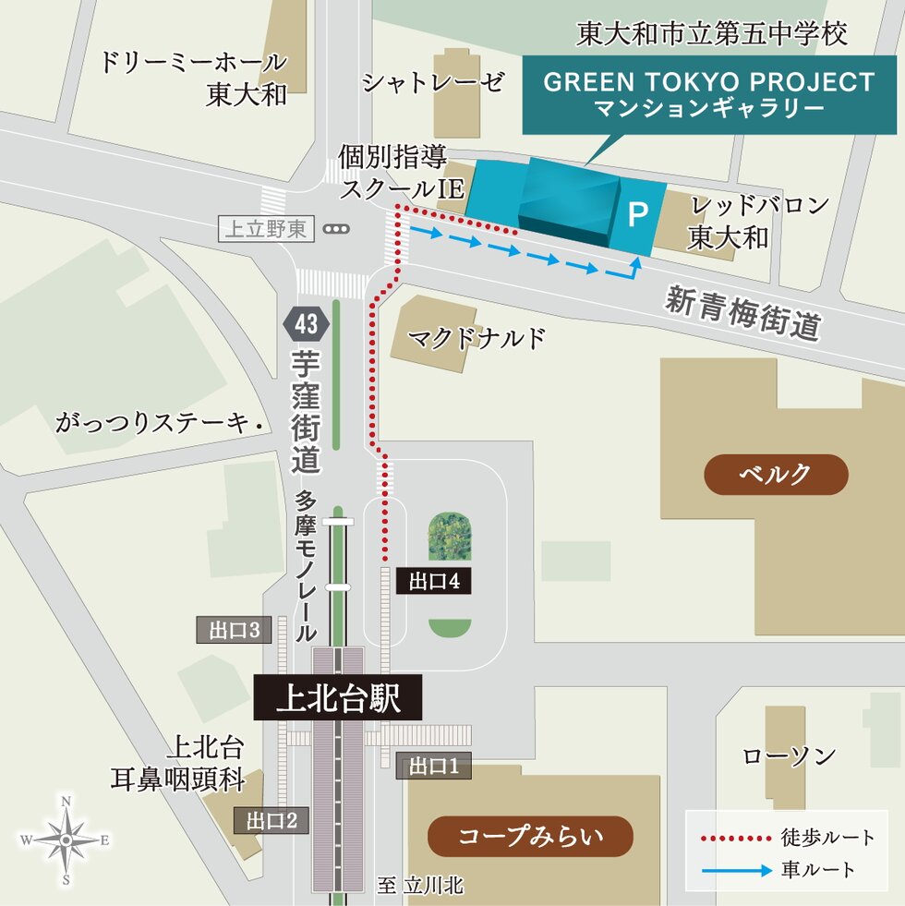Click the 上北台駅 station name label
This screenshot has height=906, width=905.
coord(338,697)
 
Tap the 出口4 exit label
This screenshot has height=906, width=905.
coord(428,581)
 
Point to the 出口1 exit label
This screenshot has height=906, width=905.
coord(428,766)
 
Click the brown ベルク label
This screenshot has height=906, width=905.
coord(776,475)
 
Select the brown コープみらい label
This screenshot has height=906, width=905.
coord(531,837)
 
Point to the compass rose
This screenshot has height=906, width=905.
coord(66,840)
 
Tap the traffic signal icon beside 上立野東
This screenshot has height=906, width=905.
coord(338,229)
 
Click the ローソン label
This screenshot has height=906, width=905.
coord(790,756)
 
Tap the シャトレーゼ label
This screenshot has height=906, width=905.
coord(433,82)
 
